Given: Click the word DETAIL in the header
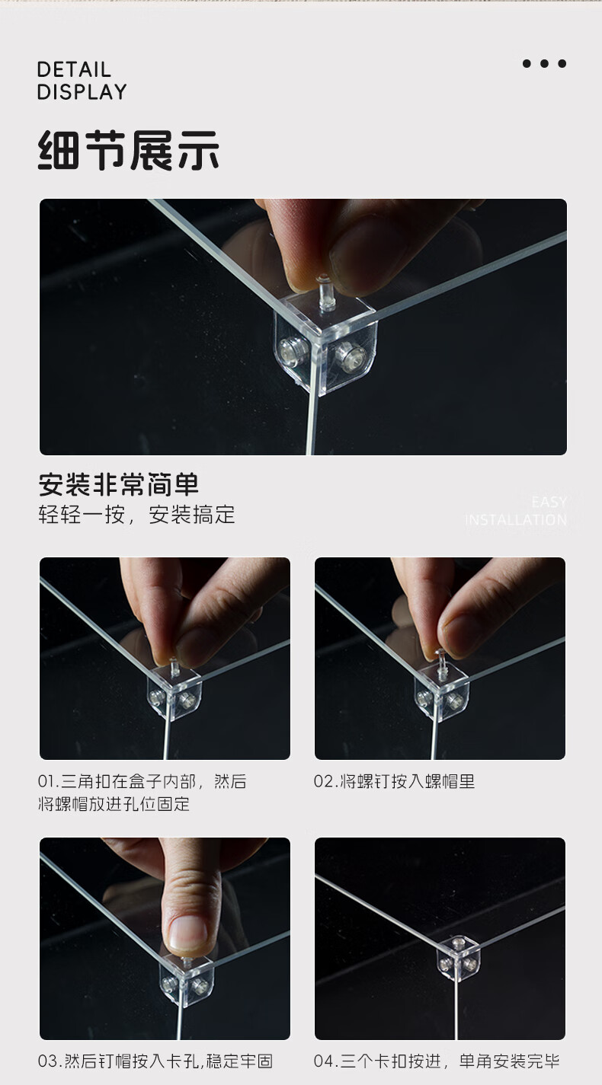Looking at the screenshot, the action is [74, 70].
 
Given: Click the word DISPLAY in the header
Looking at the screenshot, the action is [82, 92].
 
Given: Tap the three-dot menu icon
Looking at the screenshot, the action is [544, 63].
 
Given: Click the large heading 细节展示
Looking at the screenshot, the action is [129, 150].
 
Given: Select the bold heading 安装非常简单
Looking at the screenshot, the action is [118, 484].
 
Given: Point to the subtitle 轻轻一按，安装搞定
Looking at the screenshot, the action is [136, 515].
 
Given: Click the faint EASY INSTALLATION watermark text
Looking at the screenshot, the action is [516, 512].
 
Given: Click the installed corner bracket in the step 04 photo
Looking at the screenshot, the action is [458, 959].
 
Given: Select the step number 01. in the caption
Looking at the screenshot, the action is [49, 782].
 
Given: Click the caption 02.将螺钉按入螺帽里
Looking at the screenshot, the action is [394, 782].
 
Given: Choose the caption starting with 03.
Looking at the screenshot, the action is [155, 1061].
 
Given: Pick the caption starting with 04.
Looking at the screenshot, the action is [437, 1061].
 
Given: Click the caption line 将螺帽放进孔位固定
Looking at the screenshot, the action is [114, 804].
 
